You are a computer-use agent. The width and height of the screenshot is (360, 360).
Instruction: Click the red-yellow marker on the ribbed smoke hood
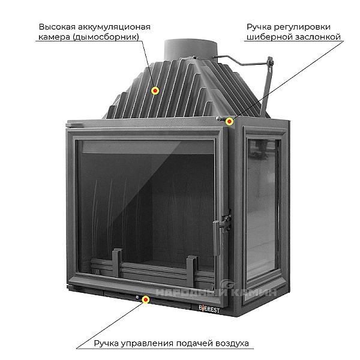click(x=155, y=91)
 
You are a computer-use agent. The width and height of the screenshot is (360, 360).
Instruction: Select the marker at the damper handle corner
click(x=230, y=122)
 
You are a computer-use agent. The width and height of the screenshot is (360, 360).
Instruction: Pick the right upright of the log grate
click(x=191, y=265)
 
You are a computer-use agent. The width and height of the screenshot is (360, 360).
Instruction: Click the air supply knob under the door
click(x=137, y=296)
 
